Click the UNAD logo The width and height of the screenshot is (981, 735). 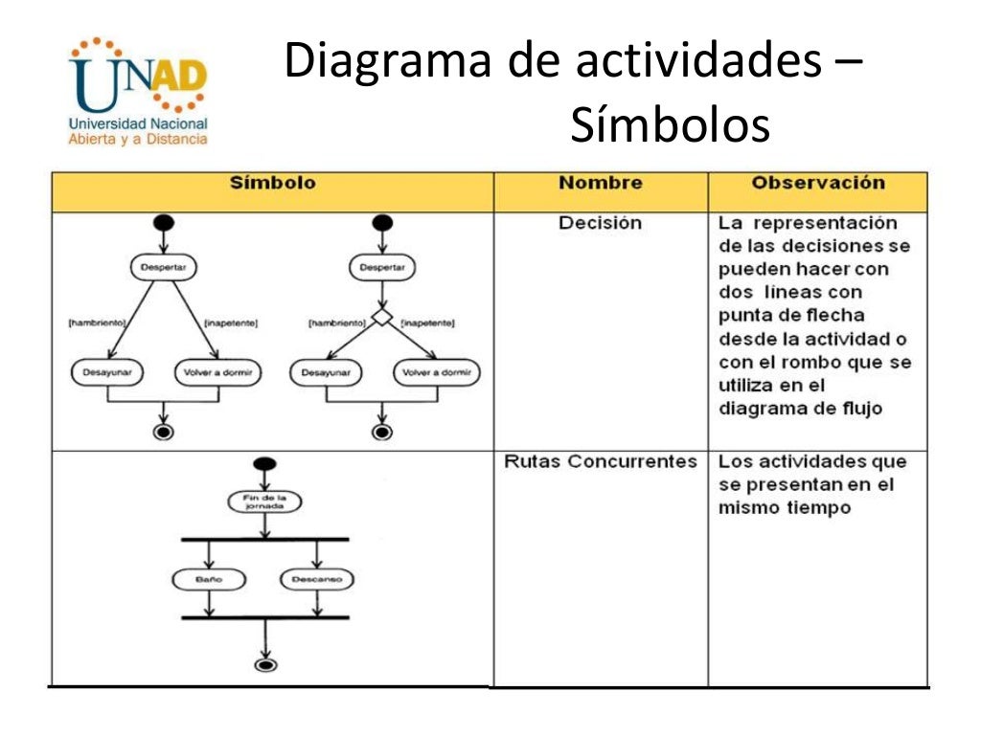[x=138, y=92]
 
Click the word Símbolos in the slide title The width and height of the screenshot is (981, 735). [x=670, y=126]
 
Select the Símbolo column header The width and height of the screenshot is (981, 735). [x=272, y=183]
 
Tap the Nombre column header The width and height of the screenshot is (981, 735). [x=601, y=183]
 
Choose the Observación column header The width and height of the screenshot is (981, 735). [x=817, y=183]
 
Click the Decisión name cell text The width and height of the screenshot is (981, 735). [x=601, y=223]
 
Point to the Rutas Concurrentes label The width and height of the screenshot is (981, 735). [x=601, y=461]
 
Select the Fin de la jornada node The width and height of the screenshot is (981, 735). [x=264, y=501]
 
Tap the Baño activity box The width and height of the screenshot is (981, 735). [x=209, y=579]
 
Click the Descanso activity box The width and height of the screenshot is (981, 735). [x=317, y=579]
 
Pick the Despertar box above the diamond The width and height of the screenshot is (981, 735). [x=382, y=268]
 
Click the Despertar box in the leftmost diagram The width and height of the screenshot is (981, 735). [x=164, y=268]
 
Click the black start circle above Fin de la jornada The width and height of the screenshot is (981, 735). [x=264, y=464]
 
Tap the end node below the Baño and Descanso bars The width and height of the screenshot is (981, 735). [x=264, y=664]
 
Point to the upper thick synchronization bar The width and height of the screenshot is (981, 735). [x=264, y=539]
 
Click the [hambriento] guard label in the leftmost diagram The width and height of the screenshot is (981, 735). [x=99, y=323]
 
